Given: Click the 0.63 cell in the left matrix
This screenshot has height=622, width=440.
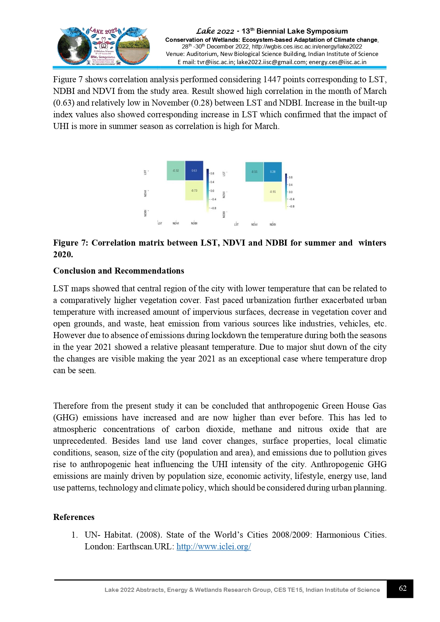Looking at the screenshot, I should pyautogui.click(x=194, y=170).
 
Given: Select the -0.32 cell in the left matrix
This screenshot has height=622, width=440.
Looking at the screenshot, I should pyautogui.click(x=176, y=170).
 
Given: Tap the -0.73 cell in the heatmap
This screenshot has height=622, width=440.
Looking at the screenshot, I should pyautogui.click(x=194, y=190).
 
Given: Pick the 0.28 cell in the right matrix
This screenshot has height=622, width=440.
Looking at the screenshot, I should pyautogui.click(x=273, y=172).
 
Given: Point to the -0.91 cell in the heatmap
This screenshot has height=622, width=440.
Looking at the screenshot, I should pyautogui.click(x=273, y=191).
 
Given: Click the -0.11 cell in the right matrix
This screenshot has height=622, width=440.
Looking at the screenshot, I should pyautogui.click(x=254, y=172).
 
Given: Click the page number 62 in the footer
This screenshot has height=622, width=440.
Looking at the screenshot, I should pyautogui.click(x=402, y=588).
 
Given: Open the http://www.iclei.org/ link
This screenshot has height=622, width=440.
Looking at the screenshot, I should pyautogui.click(x=213, y=547).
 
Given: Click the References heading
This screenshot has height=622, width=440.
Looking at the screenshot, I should pyautogui.click(x=74, y=517).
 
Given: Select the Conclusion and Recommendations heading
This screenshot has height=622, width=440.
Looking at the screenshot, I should pyautogui.click(x=118, y=271).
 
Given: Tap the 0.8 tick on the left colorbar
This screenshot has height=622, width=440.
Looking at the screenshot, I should pyautogui.click(x=212, y=174).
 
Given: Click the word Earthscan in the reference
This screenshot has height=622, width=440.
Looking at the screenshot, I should pyautogui.click(x=135, y=547).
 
